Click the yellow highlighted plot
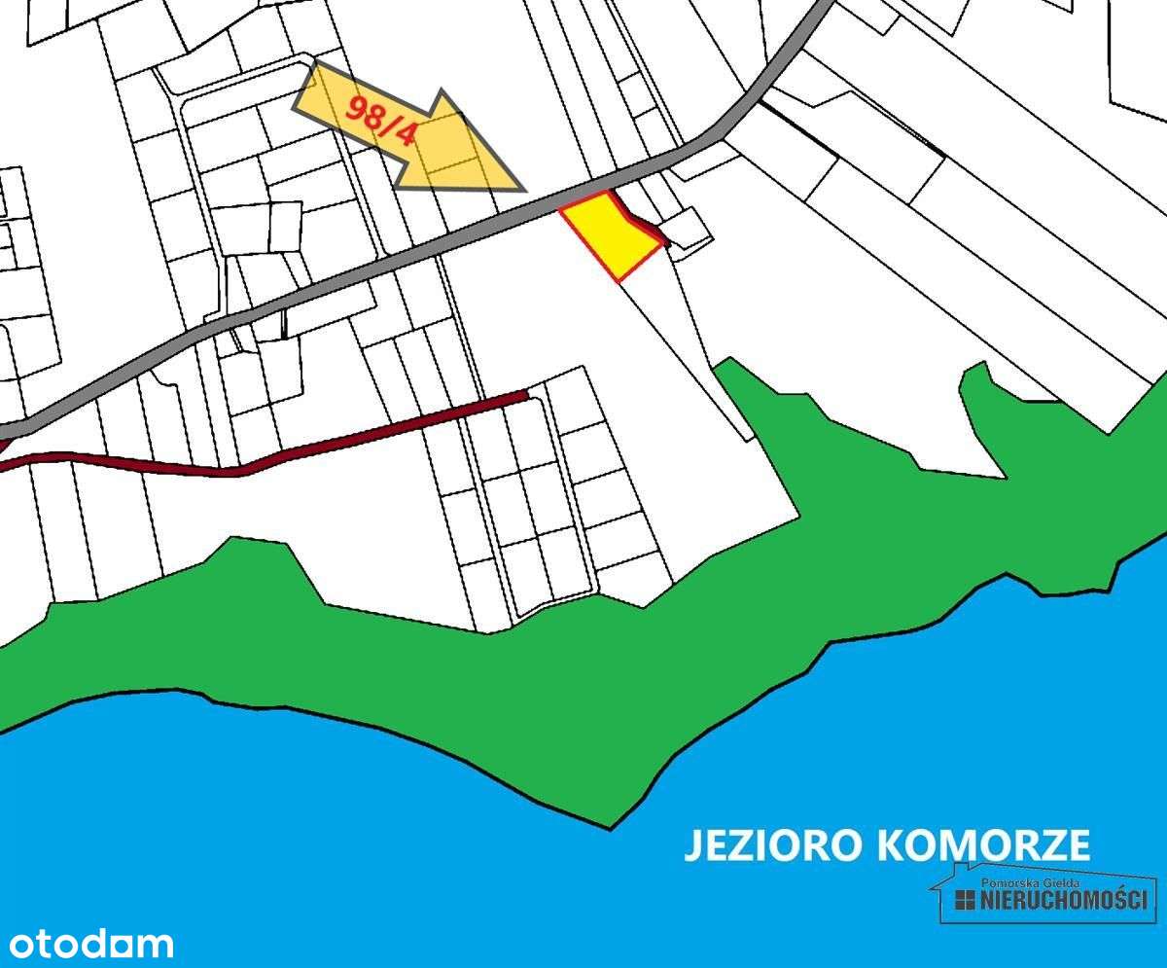pos(610,233)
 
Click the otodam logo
pos(90,943)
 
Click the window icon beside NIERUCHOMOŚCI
pos(964,900)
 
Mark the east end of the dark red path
pos(525,394)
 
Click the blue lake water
pos(389,856)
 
